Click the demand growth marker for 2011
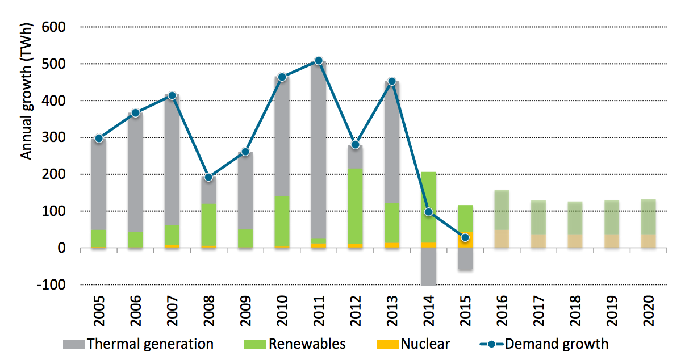319,61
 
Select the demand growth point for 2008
208,177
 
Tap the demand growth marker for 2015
465,237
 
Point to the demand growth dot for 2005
99,138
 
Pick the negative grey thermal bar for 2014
428,266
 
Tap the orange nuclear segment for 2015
465,240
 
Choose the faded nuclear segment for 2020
648,241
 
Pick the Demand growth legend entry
545,344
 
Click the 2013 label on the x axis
392,310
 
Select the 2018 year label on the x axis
575,310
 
